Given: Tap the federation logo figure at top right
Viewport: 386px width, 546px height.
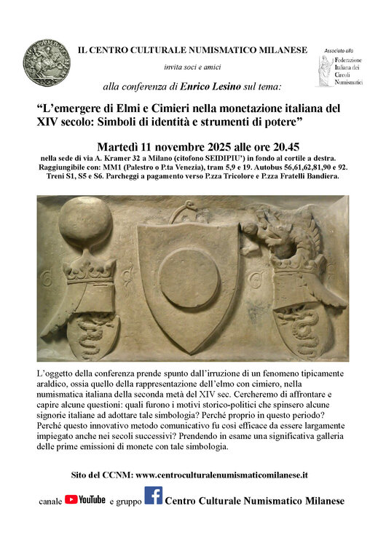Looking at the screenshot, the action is click(x=324, y=73).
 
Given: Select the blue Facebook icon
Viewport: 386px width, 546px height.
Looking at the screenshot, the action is click(x=153, y=496).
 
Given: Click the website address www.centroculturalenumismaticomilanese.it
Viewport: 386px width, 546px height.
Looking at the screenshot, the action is click(x=221, y=474).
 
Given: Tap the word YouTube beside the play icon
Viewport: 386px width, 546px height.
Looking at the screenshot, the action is click(x=92, y=500).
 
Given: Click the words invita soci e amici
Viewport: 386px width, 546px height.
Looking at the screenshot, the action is click(x=192, y=68).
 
